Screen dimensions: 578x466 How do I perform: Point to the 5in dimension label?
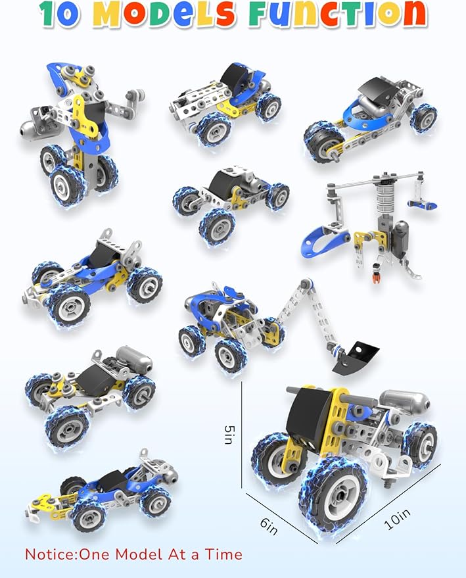229,435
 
